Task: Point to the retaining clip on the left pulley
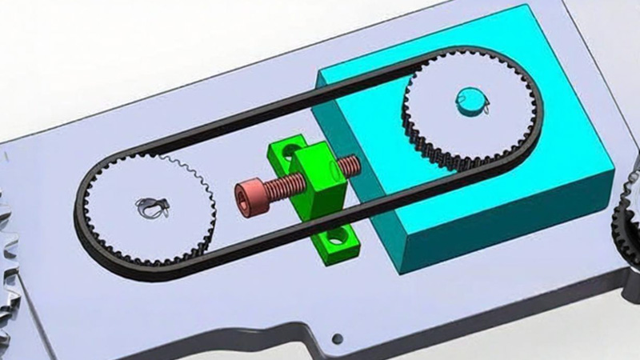tap(150, 207)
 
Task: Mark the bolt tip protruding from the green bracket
tap(350, 165)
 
